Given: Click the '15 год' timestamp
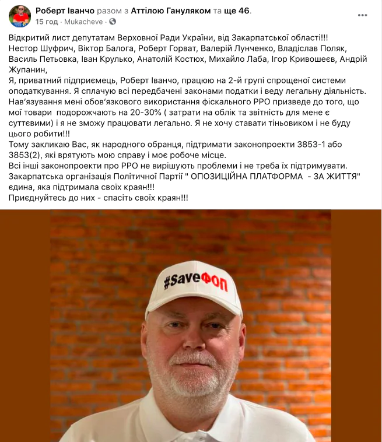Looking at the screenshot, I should coord(47,22).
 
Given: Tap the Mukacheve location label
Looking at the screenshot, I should coord(86,22).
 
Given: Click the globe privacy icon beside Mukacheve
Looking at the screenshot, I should coord(113,22).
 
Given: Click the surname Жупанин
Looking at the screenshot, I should coord(28,70).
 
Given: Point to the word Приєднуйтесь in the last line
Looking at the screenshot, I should coord(38,199).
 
